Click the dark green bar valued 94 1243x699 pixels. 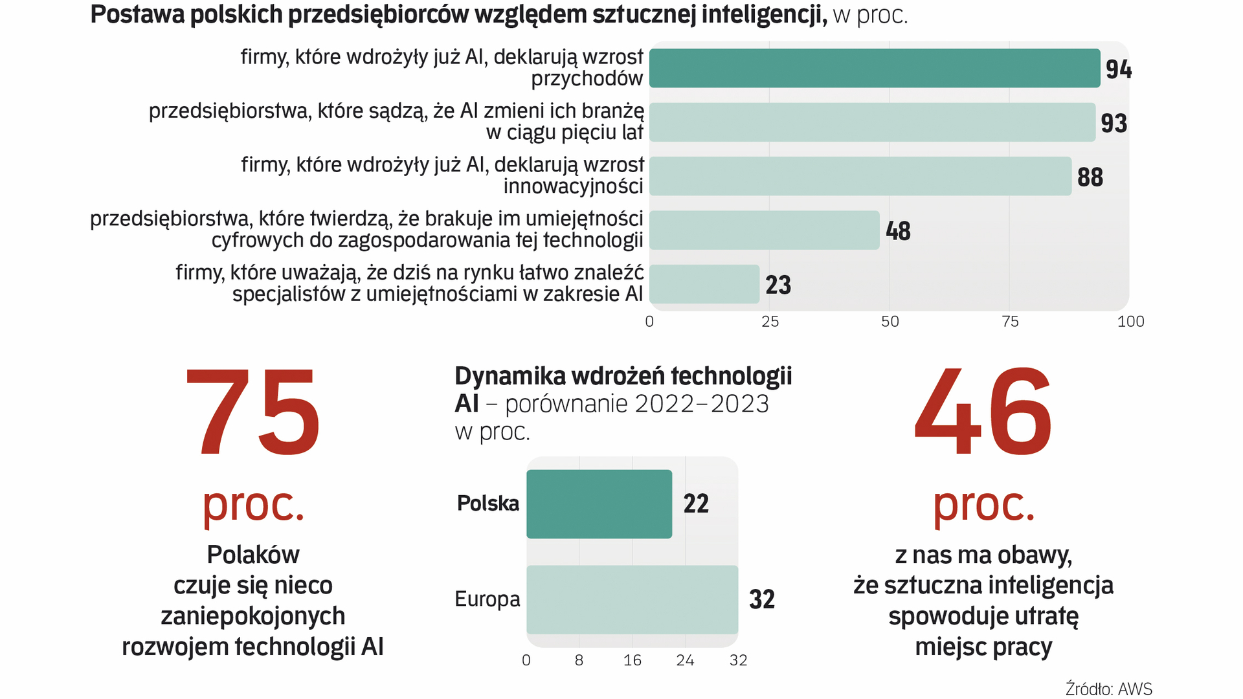tap(874, 68)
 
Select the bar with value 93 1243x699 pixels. tap(872, 122)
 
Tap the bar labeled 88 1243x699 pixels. tap(860, 176)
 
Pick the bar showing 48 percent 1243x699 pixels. tap(764, 230)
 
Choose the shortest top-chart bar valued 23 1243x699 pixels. tap(704, 284)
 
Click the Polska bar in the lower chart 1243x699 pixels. tap(599, 504)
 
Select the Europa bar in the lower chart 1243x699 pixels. tap(632, 599)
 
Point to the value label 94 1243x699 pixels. tap(1118, 69)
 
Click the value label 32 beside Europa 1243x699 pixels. tap(761, 599)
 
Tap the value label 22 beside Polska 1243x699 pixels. tap(696, 504)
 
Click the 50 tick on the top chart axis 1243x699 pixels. tap(890, 322)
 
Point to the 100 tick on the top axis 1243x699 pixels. tap(1130, 322)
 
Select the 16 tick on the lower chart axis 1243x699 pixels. tap(632, 660)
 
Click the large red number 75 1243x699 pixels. tap(252, 412)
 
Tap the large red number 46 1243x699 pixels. tap(983, 412)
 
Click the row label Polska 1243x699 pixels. tap(487, 504)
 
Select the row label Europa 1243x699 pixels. tap(487, 599)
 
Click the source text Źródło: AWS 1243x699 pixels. tap(1108, 689)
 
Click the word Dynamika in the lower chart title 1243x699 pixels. tap(502, 376)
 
